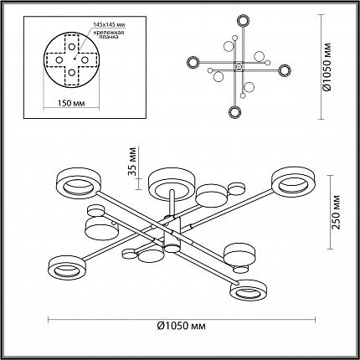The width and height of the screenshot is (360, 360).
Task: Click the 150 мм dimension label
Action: click(x=71, y=103)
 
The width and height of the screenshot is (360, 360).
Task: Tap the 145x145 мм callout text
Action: click(x=109, y=24)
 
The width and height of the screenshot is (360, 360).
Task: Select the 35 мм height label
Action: click(x=133, y=162)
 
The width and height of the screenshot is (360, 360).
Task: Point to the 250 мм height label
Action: click(x=337, y=212)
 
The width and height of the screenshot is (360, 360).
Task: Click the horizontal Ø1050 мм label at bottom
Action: click(x=182, y=326)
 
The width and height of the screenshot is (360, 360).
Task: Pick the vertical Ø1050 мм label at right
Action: click(x=327, y=67)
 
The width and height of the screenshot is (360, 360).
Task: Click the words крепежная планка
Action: click(x=109, y=34)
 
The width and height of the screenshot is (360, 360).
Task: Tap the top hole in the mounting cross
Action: click(x=72, y=47)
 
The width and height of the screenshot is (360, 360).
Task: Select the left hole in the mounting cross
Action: click(x=59, y=59)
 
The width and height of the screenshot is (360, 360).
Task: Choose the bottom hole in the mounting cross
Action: click(x=72, y=73)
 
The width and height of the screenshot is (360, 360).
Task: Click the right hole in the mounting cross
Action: click(x=85, y=59)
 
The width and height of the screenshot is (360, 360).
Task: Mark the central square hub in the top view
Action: click(x=239, y=67)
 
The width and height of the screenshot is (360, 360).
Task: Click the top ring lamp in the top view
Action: click(x=244, y=20)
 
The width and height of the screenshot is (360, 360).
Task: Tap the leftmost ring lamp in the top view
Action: click(x=193, y=62)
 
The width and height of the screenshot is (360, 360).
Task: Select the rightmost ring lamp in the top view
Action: click(x=285, y=70)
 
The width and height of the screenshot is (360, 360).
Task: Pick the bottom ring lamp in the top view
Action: click(x=235, y=112)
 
